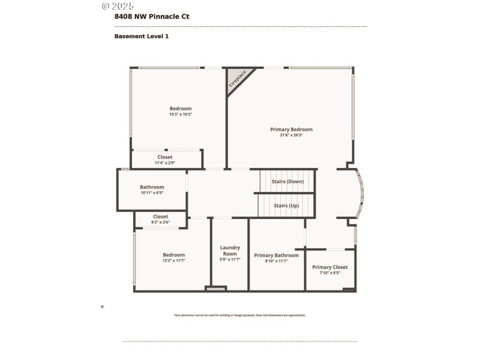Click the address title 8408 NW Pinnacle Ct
pyautogui.click(x=151, y=17)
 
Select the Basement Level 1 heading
pyautogui.click(x=142, y=37)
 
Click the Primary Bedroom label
pyautogui.click(x=291, y=130)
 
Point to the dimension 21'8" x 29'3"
pyautogui.click(x=291, y=136)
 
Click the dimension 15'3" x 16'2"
pyautogui.click(x=180, y=114)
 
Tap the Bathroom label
pyautogui.click(x=152, y=187)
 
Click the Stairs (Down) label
pyautogui.click(x=287, y=181)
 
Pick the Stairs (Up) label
pyautogui.click(x=286, y=206)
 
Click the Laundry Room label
pyautogui.click(x=230, y=250)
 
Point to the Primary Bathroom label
pyautogui.click(x=276, y=255)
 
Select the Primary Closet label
pyautogui.click(x=329, y=267)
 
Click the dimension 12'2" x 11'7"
pyautogui.click(x=174, y=260)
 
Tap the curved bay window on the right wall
pyautogui.click(x=359, y=195)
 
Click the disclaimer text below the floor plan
pyautogui.click(x=239, y=315)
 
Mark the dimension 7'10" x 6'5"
pyautogui.click(x=329, y=273)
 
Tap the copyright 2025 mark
pyautogui.click(x=118, y=6)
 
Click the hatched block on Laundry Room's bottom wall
pyautogui.click(x=215, y=289)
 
